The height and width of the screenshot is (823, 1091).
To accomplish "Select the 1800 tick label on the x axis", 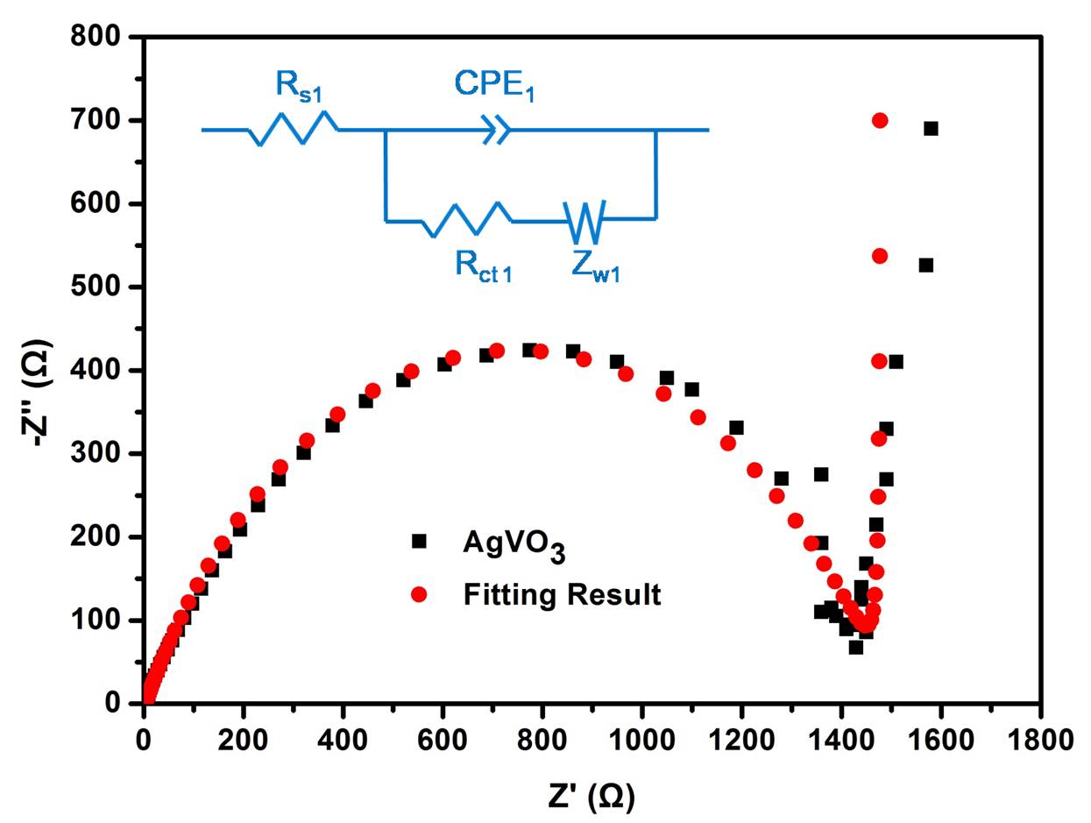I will [1040, 738].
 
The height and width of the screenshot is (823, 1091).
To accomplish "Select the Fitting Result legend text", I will [562, 595].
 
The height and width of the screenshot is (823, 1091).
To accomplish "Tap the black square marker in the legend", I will [419, 542].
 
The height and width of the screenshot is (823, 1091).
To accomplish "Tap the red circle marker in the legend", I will [419, 594].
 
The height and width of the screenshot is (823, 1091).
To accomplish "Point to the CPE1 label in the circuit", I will [494, 85].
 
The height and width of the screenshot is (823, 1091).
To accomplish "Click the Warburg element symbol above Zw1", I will [585, 221].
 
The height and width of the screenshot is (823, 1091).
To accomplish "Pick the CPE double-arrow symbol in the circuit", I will [496, 131].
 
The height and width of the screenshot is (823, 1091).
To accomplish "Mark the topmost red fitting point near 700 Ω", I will [880, 120].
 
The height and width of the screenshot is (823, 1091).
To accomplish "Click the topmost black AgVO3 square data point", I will [931, 129].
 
